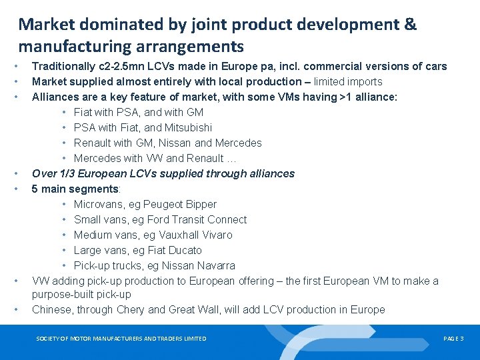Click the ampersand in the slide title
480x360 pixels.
(x=410, y=25)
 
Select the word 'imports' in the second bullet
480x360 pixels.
(x=364, y=81)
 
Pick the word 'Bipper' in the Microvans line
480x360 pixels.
(x=201, y=204)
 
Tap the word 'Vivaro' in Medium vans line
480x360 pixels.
(x=216, y=235)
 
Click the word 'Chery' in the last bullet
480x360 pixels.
(x=130, y=309)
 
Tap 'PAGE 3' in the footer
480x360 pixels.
(x=453, y=339)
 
